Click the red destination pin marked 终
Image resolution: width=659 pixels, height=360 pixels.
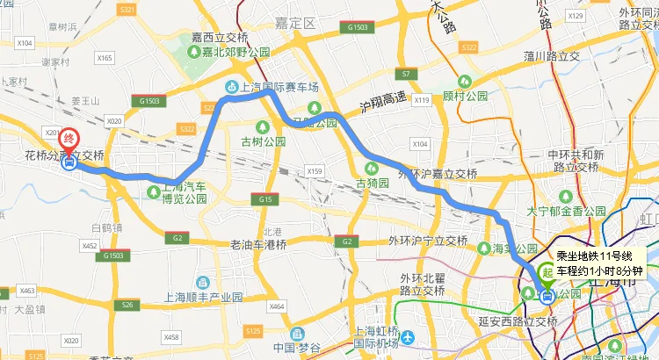[x=69, y=140]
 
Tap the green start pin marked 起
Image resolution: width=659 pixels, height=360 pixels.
[x=547, y=274]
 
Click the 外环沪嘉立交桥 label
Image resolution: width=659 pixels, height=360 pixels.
[x=438, y=174]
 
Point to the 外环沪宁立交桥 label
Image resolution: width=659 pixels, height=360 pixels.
[x=428, y=241]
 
